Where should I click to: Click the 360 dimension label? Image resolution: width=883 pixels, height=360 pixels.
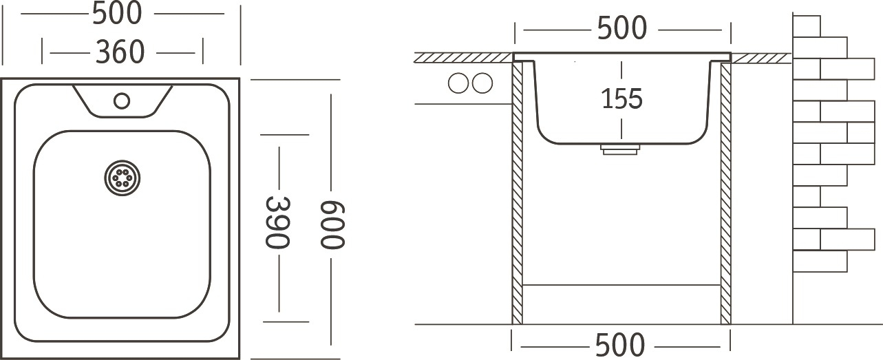pyautogui.click(x=120, y=52)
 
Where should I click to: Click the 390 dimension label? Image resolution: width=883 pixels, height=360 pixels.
pyautogui.click(x=278, y=223)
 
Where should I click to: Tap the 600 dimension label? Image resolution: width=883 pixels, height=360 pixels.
pyautogui.click(x=332, y=225)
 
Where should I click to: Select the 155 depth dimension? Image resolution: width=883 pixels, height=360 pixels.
pyautogui.click(x=621, y=98)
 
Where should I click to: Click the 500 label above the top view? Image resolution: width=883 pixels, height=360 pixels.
pyautogui.click(x=117, y=13)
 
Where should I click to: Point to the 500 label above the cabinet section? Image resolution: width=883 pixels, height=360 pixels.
pyautogui.click(x=622, y=28)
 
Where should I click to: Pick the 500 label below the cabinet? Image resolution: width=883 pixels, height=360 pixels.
pyautogui.click(x=620, y=345)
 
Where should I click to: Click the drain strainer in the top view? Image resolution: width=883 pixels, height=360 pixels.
pyautogui.click(x=123, y=178)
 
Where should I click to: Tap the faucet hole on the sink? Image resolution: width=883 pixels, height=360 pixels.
pyautogui.click(x=122, y=101)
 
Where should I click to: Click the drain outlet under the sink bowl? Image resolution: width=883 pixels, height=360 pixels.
pyautogui.click(x=620, y=149)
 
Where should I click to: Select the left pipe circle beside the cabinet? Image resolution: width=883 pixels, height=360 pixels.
pyautogui.click(x=458, y=83)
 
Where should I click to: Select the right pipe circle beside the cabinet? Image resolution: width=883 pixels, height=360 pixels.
pyautogui.click(x=482, y=83)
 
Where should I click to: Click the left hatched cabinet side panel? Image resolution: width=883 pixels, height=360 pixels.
pyautogui.click(x=517, y=193)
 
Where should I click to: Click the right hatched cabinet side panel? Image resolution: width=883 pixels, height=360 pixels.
pyautogui.click(x=725, y=193)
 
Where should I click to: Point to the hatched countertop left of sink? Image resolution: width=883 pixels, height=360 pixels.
pyautogui.click(x=464, y=58)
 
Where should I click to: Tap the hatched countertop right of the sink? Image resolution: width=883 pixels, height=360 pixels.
pyautogui.click(x=760, y=59)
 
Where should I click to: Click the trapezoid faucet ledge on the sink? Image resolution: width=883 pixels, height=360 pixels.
pyautogui.click(x=123, y=101)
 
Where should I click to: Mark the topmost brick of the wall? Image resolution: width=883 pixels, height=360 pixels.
pyautogui.click(x=807, y=26)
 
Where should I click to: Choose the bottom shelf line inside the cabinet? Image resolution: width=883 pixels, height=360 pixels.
pyautogui.click(x=621, y=285)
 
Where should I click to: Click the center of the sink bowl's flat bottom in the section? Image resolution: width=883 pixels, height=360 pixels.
pyautogui.click(x=621, y=143)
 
